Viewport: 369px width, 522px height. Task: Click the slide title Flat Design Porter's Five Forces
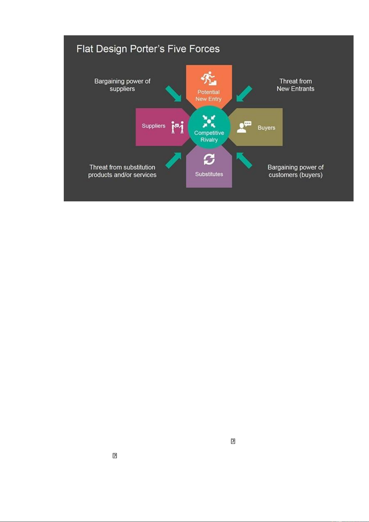(148, 49)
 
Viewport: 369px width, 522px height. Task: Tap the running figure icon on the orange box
(209, 78)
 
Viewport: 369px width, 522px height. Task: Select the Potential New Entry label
(209, 95)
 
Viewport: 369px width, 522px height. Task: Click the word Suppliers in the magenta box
(154, 126)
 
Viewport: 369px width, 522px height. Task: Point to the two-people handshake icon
(178, 127)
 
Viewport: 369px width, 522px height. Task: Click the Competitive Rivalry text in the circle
(209, 136)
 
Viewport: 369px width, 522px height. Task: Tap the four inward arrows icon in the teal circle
(209, 121)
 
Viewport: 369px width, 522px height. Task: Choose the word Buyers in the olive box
(267, 128)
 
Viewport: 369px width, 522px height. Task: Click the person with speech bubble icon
(244, 127)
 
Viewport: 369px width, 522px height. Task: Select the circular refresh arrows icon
(209, 160)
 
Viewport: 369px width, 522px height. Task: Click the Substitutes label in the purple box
(209, 174)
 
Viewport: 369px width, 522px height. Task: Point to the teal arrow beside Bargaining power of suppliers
(173, 94)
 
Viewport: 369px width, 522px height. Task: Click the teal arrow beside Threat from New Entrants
(244, 94)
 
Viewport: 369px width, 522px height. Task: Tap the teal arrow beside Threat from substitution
(173, 160)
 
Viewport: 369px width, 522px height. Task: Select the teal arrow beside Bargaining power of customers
(244, 160)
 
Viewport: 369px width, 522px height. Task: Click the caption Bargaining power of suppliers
(122, 85)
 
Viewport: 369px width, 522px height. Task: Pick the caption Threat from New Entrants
(295, 85)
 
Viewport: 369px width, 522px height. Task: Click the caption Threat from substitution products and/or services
(122, 171)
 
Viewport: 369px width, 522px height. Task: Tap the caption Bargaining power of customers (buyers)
(295, 171)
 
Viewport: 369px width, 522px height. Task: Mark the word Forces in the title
(204, 49)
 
